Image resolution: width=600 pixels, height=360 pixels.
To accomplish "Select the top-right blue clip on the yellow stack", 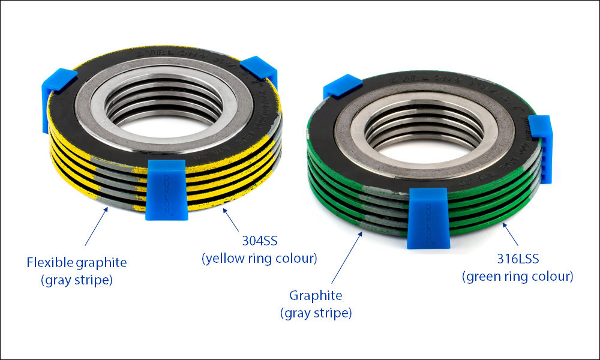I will point(259,69).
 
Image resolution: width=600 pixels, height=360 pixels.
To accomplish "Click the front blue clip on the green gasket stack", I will point(427,217).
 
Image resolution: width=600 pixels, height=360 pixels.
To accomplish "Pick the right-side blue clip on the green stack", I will point(541,146).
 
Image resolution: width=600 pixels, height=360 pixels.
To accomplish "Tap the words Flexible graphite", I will point(77,262).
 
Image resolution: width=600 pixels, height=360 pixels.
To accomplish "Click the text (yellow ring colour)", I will point(259,259).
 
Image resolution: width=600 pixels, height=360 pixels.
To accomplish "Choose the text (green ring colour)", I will point(517,277).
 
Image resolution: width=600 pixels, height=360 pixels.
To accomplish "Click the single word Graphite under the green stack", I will point(316,295).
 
